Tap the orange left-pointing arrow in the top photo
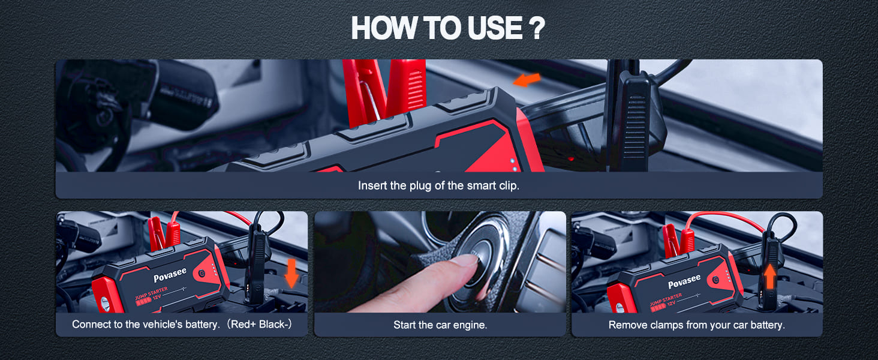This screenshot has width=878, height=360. pyautogui.click(x=527, y=80)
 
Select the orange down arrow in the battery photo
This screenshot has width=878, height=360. pyautogui.click(x=291, y=274)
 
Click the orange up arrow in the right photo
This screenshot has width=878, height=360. pyautogui.click(x=770, y=277)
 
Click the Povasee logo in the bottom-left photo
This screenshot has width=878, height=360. pyautogui.click(x=170, y=275)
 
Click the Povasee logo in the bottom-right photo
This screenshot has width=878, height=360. pyautogui.click(x=684, y=281)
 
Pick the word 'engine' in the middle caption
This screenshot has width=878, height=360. pyautogui.click(x=469, y=325)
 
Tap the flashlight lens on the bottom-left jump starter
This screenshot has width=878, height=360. pyautogui.click(x=105, y=304)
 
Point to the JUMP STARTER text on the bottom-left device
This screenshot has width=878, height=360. pyautogui.click(x=151, y=293)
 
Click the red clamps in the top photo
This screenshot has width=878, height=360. pyautogui.click(x=384, y=92)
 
